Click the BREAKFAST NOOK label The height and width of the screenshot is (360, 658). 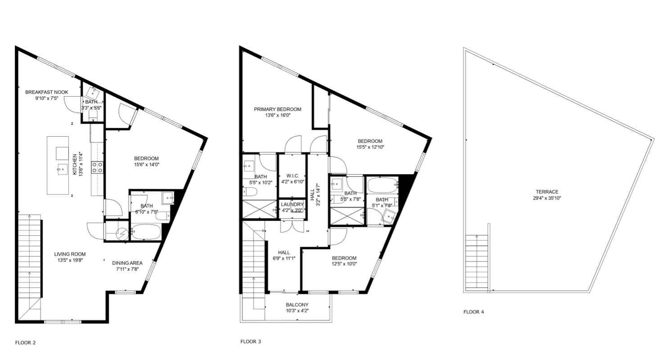(x=46, y=92)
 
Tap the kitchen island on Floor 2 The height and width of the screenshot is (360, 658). (x=58, y=166)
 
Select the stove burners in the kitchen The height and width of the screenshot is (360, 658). (x=97, y=168)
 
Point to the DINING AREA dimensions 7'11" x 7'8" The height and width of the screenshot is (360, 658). (x=128, y=269)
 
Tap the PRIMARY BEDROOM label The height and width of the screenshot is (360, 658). (x=277, y=109)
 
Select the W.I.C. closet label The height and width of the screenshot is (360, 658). (x=292, y=175)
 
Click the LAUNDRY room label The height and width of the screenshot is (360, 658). (x=292, y=204)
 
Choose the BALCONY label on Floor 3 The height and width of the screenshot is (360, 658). (x=297, y=305)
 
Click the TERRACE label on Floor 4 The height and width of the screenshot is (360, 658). (x=547, y=192)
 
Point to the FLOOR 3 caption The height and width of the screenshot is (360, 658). (x=251, y=342)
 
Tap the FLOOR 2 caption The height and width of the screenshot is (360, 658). (x=25, y=342)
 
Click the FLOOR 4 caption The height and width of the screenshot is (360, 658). (x=473, y=311)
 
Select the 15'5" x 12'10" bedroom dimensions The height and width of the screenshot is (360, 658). (x=370, y=147)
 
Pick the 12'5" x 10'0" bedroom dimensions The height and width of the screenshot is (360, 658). (x=344, y=264)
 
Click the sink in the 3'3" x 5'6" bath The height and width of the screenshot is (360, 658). (x=94, y=93)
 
